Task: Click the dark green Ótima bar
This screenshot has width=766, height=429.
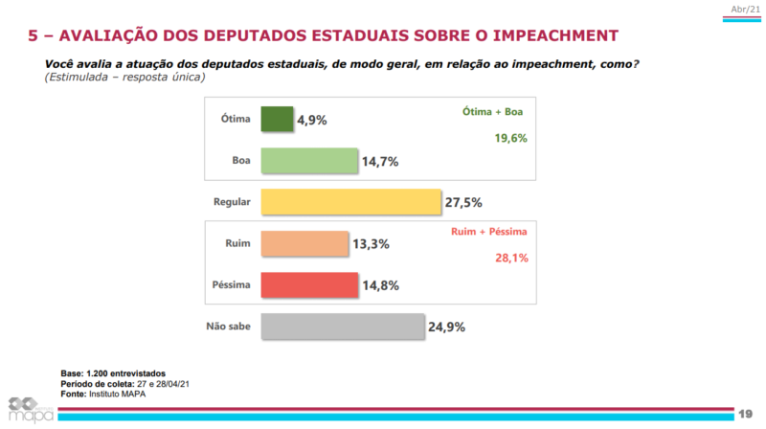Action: click(x=276, y=119)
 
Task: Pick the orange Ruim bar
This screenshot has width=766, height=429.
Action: click(x=304, y=243)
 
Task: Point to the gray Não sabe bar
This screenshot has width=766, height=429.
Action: click(x=342, y=327)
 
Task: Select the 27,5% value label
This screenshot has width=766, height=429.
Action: click(x=462, y=202)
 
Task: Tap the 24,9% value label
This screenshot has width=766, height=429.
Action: click(x=445, y=327)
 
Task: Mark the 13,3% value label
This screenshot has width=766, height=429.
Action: click(x=370, y=244)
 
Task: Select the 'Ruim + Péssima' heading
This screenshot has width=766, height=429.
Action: click(x=488, y=233)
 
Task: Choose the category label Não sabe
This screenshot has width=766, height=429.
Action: click(x=228, y=327)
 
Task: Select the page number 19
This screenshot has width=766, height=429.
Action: click(x=745, y=413)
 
